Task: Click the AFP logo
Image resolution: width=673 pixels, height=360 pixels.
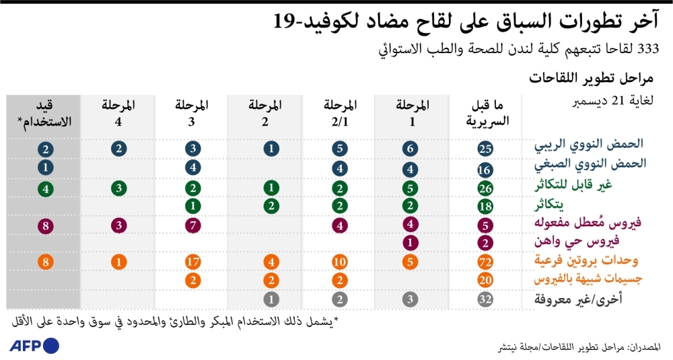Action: [x=34, y=346]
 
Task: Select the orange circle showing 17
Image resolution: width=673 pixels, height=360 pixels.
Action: [x=192, y=262]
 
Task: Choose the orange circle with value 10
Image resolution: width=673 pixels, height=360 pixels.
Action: [x=340, y=262]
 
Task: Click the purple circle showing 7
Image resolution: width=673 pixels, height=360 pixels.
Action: [x=192, y=225]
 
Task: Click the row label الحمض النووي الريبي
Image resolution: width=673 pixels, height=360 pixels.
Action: [x=588, y=145]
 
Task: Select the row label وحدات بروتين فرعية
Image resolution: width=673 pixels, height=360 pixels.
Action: [x=590, y=260]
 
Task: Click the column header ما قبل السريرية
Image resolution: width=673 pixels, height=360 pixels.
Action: [x=487, y=113]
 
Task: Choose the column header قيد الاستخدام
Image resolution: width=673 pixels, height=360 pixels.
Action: [x=45, y=113]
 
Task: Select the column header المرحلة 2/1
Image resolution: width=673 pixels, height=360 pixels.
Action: [x=340, y=113]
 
